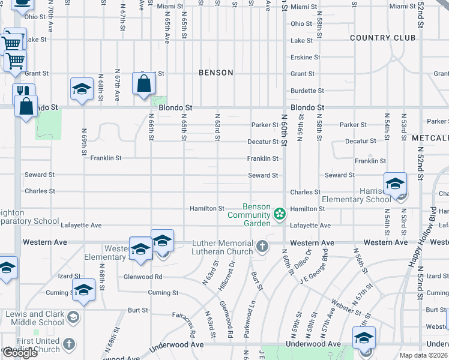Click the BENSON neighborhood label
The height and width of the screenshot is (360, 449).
(x=216, y=73)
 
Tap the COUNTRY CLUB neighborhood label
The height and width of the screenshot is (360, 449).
(x=382, y=38)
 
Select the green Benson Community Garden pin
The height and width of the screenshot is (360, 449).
(x=279, y=214)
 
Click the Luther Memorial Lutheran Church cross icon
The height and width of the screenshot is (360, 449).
(x=262, y=247)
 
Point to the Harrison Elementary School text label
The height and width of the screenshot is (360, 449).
(x=357, y=199)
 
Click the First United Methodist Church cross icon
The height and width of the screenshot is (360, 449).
(x=69, y=344)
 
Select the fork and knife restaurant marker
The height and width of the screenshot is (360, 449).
(x=23, y=91)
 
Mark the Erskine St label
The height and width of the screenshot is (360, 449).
(x=306, y=58)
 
